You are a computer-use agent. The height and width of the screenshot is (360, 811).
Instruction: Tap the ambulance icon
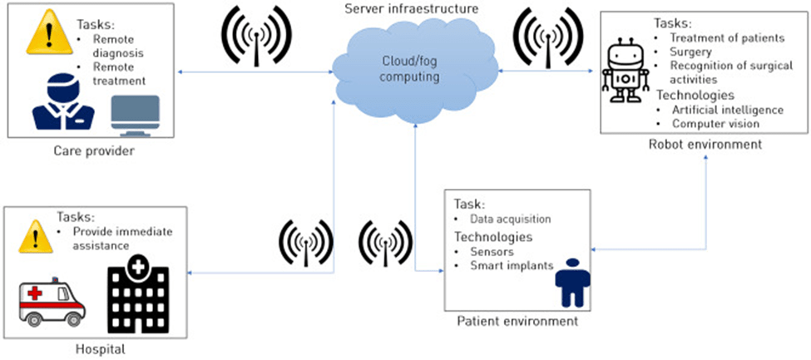[x=52, y=303]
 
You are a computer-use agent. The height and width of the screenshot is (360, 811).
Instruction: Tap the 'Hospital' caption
[x=99, y=349]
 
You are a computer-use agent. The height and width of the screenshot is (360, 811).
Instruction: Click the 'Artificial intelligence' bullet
[x=728, y=110]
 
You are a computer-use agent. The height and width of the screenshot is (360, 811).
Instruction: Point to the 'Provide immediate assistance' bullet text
[x=122, y=239]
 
